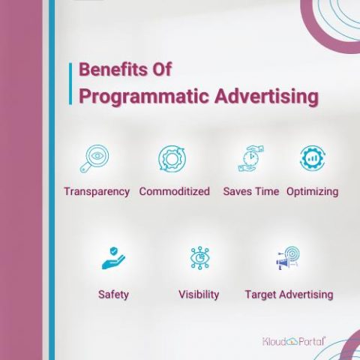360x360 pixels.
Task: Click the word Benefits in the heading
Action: point(109,70)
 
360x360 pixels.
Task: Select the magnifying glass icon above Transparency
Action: point(95,159)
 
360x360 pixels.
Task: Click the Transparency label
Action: point(97,191)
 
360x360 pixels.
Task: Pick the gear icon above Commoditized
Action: point(173,159)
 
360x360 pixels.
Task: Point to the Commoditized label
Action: point(174,191)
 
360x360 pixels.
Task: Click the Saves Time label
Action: point(250,191)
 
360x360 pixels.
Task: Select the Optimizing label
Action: point(312,191)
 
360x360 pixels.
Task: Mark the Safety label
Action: point(113,294)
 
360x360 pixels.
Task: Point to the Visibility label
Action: point(199,294)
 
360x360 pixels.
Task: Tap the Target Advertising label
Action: point(289,294)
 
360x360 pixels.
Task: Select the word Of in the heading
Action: point(160,70)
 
